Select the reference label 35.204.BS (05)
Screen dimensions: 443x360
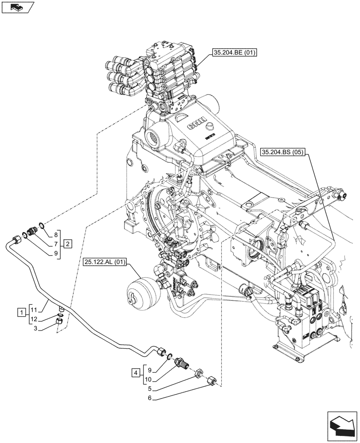coord(282,152)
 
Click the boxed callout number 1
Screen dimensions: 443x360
coord(21,313)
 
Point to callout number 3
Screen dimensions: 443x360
coord(38,329)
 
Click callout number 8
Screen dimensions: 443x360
coord(56,235)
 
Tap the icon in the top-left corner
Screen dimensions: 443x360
coord(18,7)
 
